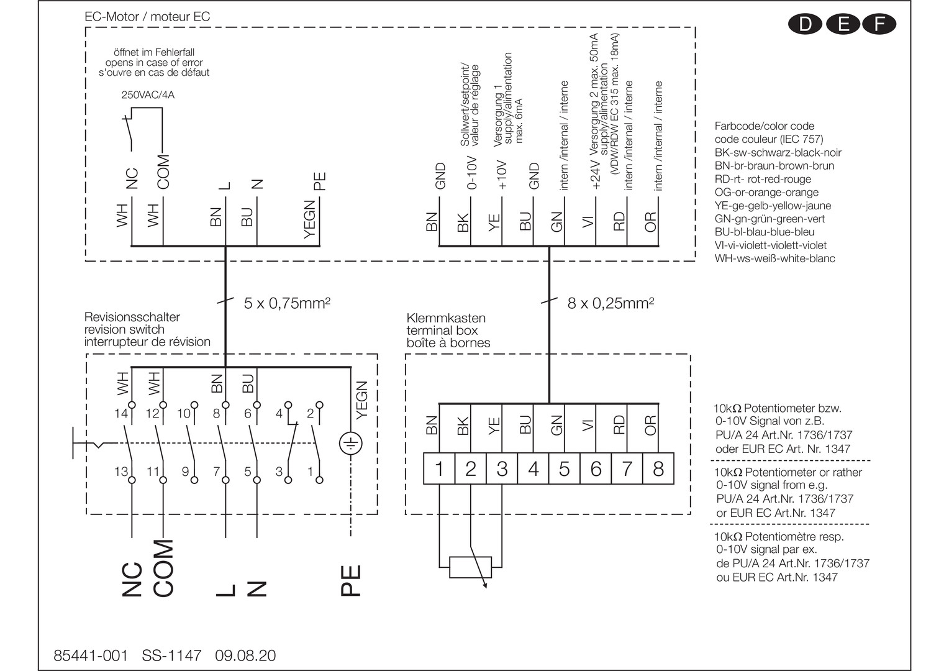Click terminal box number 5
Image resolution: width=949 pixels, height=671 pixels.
(564, 469)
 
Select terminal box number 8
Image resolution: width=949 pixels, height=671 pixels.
(658, 469)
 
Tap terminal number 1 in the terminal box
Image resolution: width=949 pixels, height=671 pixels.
(439, 469)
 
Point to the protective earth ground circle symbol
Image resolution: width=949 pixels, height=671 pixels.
(350, 444)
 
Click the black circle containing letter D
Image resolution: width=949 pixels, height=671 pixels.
(805, 24)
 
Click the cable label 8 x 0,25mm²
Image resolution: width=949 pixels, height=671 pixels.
(611, 303)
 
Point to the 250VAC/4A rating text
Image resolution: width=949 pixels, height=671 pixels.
(148, 95)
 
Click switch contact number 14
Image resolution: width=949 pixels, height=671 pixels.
(120, 413)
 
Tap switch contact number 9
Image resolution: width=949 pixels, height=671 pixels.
(186, 472)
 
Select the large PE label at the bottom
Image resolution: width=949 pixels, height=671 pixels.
(351, 580)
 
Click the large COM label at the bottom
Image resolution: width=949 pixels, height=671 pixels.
(163, 568)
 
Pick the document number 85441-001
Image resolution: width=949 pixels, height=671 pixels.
(91, 655)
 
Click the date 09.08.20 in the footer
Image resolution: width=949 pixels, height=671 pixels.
(245, 655)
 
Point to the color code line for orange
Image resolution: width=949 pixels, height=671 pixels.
(766, 192)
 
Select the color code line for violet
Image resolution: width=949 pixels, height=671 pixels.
(770, 245)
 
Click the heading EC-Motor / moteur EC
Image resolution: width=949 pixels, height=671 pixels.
(147, 16)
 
